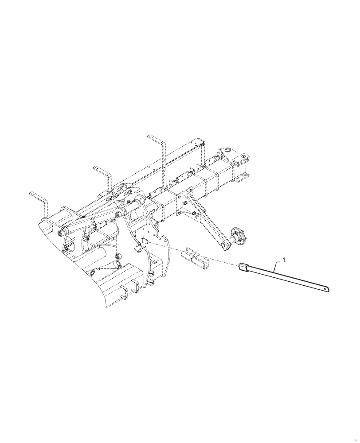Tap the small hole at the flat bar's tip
[x=327, y=289]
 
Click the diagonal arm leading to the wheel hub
[x=208, y=221]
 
